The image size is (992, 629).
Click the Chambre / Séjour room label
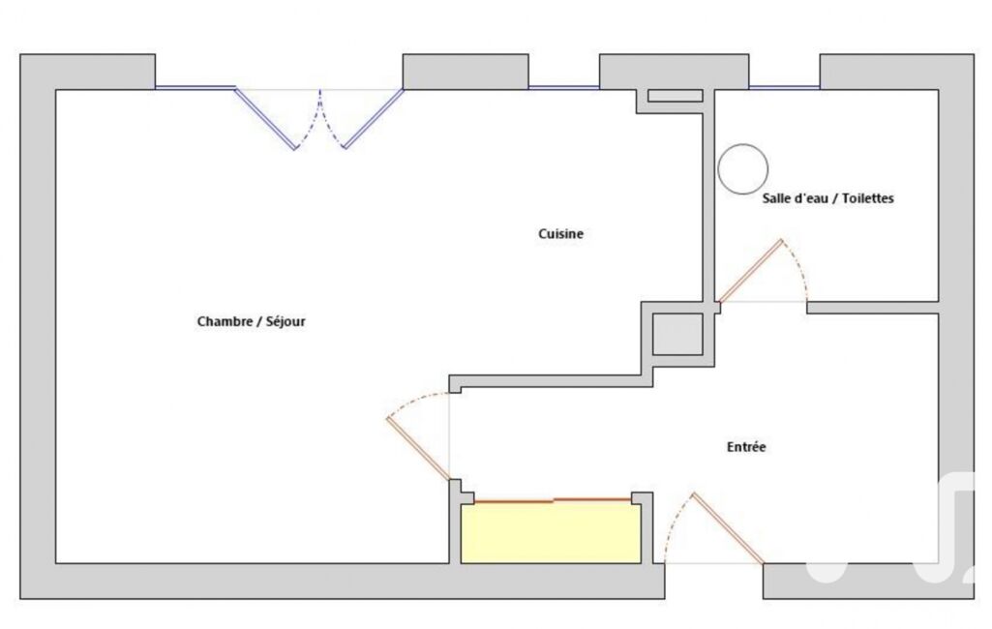(x=252, y=321)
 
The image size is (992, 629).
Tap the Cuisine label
(x=560, y=233)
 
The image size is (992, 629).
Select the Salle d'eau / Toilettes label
(x=827, y=198)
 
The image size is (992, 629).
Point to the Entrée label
(x=746, y=447)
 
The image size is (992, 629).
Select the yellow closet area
(x=551, y=533)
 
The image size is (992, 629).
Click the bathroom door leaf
(x=751, y=271)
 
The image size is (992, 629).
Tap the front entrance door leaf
(x=728, y=528)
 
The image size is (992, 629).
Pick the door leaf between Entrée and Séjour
(x=418, y=449)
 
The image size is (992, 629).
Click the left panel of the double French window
(x=265, y=119)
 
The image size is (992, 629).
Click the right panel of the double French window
(x=374, y=119)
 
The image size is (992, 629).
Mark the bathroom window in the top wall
(x=785, y=87)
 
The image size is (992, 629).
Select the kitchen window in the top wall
(x=563, y=87)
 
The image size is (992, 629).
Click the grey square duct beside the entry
(x=677, y=334)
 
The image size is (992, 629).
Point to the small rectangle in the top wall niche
(x=675, y=96)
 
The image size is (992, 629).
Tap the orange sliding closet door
(x=553, y=501)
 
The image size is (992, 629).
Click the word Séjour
(x=286, y=321)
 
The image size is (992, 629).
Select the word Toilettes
(x=867, y=198)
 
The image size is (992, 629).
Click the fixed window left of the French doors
(x=195, y=87)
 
